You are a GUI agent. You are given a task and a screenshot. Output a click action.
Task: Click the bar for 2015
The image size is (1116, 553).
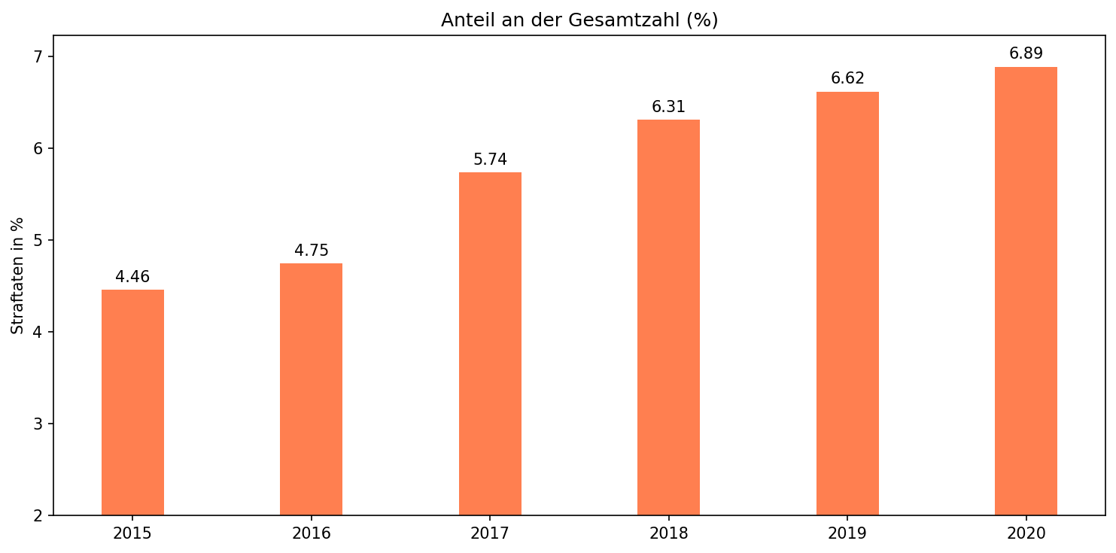[x=132, y=403]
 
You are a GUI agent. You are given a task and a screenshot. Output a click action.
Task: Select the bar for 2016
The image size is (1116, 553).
[x=311, y=389]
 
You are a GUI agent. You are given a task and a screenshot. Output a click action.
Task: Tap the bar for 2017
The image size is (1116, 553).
[x=490, y=344]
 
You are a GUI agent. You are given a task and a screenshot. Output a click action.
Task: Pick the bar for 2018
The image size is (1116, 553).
[x=668, y=318]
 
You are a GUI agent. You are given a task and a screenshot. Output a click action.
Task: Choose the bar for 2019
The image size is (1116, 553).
[x=847, y=303]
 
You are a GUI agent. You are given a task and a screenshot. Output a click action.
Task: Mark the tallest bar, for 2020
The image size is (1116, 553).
[x=1026, y=291]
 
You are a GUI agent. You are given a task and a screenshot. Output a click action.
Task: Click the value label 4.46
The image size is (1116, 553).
[x=132, y=277]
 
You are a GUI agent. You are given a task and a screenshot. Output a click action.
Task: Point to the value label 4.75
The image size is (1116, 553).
[x=311, y=251]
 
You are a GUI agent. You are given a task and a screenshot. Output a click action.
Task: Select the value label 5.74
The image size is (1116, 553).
[x=490, y=160]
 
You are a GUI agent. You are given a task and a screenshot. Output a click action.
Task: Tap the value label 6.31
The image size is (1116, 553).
[x=668, y=107]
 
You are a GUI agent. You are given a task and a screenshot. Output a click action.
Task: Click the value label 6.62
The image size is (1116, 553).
[x=847, y=78]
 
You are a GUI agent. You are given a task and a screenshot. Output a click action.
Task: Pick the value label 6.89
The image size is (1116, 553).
[x=1026, y=53]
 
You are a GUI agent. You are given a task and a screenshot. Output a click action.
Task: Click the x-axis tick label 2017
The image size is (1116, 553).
[x=490, y=533]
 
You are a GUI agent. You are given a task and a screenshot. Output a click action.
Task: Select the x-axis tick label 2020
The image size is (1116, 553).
[x=1026, y=533]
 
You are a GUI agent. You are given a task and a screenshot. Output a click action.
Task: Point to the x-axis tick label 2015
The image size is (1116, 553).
[x=132, y=533]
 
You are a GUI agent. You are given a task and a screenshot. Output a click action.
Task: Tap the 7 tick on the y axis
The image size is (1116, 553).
[x=39, y=57]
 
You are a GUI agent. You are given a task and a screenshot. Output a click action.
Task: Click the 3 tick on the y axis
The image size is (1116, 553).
[x=39, y=424]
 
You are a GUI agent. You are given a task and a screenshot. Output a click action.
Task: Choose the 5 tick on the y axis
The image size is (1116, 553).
[x=39, y=241]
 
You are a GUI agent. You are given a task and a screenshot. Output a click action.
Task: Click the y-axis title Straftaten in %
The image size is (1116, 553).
[x=17, y=275]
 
